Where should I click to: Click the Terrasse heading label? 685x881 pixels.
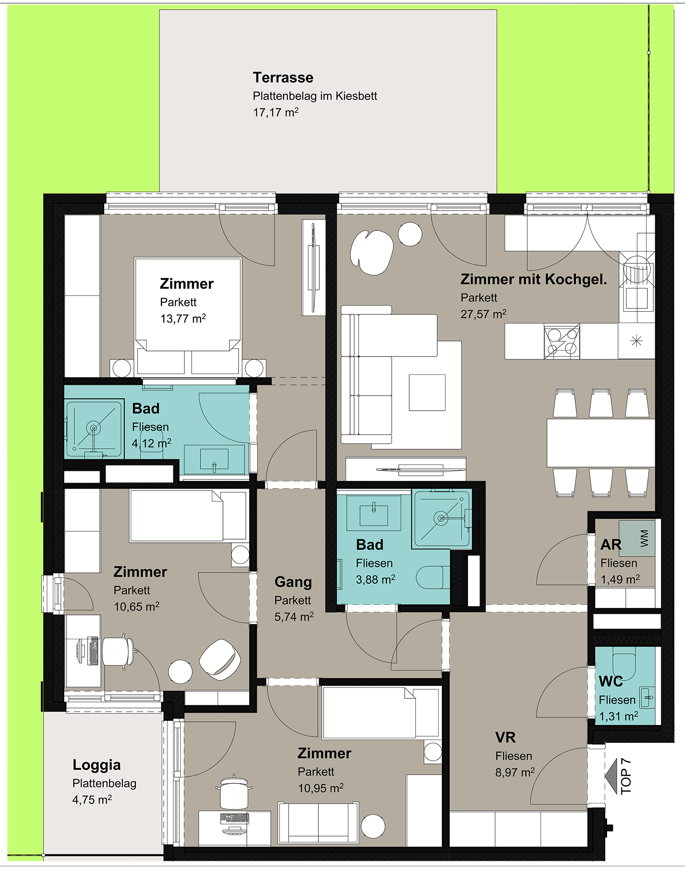pos(283,78)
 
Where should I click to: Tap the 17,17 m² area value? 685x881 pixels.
pos(276,112)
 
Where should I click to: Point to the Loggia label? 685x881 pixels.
pos(96,765)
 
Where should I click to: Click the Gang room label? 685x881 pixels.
pos(293,582)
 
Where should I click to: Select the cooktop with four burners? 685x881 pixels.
pos(562,341)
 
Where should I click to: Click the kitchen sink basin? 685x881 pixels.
pos(637,298)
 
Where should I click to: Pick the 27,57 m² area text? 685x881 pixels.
pos(484,314)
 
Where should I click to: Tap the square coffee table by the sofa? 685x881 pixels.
pos(427,392)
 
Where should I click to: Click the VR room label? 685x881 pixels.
pos(506,737)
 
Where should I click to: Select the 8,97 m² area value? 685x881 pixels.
pos(515,772)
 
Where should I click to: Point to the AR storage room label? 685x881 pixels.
pos(611,545)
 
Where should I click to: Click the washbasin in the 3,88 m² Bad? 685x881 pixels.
pos(373,513)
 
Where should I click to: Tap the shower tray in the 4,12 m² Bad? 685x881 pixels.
pos(94,429)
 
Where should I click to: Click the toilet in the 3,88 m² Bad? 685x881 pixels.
pos(433,577)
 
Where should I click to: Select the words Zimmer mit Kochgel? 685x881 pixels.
pos(534,279)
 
